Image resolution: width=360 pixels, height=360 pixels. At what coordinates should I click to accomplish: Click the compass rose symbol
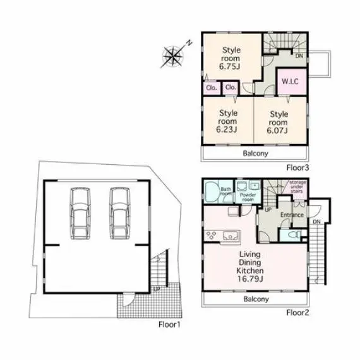[172, 56]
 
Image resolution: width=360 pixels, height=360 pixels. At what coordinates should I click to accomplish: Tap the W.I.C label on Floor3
[290, 81]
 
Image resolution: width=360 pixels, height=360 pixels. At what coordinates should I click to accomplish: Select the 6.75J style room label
[231, 58]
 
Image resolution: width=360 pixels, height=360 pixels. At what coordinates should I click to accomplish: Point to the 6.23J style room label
[227, 121]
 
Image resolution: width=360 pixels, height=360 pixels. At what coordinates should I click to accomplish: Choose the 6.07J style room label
[278, 123]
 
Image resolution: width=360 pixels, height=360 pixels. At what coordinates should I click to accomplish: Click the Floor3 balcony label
[255, 153]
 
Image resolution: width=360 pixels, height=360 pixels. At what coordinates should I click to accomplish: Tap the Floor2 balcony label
[256, 299]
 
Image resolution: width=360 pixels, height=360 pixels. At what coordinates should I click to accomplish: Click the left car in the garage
[80, 213]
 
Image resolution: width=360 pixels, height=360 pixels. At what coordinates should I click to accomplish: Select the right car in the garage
[120, 213]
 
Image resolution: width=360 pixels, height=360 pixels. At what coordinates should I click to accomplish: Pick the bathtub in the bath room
[212, 192]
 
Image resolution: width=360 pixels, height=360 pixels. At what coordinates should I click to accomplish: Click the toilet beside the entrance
[294, 235]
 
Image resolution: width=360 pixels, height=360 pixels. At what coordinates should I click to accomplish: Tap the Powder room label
[248, 197]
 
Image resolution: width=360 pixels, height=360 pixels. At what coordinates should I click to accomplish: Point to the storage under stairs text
[297, 186]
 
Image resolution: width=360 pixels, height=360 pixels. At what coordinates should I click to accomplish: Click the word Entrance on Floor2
[292, 215]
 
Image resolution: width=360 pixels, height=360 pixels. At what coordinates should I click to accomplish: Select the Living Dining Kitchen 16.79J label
[250, 267]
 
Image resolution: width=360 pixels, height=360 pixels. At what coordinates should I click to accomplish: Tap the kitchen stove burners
[212, 236]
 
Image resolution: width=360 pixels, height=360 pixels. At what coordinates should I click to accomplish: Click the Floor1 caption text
[169, 325]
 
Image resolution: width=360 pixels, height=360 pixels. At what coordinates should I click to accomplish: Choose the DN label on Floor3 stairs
[299, 56]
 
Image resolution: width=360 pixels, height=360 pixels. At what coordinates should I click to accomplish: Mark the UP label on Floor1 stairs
[157, 289]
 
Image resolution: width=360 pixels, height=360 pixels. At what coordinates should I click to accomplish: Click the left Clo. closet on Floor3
[212, 88]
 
